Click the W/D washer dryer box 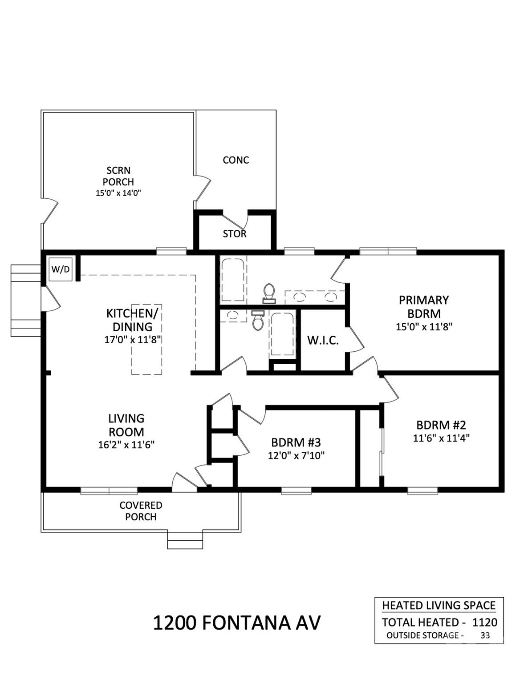tap(61, 269)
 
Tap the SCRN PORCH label tap(118, 176)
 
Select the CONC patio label tap(236, 160)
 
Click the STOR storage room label tap(235, 234)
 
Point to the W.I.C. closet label tap(323, 341)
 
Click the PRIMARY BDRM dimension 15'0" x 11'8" tap(424, 327)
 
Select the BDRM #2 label tap(441, 424)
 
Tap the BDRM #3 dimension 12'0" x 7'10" tap(296, 455)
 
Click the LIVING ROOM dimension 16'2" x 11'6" tap(126, 444)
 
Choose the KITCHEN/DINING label tap(132, 320)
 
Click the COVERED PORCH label tap(141, 511)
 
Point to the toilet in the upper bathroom tap(269, 293)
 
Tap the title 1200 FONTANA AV tap(236, 623)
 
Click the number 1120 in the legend tap(484, 622)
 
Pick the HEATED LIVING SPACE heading tap(439, 605)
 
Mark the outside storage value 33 tap(485, 635)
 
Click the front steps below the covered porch tap(185, 540)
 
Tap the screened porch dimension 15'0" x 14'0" tap(118, 193)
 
